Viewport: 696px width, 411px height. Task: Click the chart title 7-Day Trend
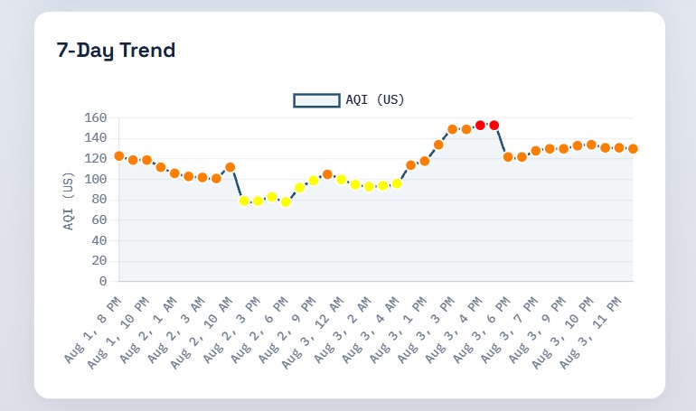coord(116,50)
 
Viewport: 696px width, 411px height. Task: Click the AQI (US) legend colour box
coord(316,100)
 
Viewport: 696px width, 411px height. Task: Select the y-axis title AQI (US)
coord(68,201)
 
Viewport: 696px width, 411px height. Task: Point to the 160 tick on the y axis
coord(96,118)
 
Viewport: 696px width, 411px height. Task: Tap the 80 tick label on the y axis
coord(99,200)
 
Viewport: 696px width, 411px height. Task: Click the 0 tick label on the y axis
coord(103,281)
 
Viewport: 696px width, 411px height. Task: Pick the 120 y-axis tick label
coord(96,159)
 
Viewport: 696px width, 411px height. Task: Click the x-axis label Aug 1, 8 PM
coord(92,331)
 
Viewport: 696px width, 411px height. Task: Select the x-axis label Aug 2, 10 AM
coord(201,333)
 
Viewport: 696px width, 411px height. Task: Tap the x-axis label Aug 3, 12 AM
coord(313,333)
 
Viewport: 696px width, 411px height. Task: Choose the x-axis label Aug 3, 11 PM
coord(590,333)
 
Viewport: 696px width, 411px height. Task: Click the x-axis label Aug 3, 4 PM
coord(454,331)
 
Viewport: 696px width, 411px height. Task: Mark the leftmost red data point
coord(480,126)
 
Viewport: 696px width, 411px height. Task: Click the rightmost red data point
coord(494,126)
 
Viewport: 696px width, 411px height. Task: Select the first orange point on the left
coord(119,156)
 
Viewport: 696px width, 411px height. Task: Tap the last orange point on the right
coord(633,149)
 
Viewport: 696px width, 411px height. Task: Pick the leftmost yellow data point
coord(244,201)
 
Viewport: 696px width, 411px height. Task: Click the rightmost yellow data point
coord(397,183)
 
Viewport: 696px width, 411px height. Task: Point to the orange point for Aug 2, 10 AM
coord(230,167)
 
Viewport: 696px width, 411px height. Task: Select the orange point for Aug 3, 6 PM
coord(508,157)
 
